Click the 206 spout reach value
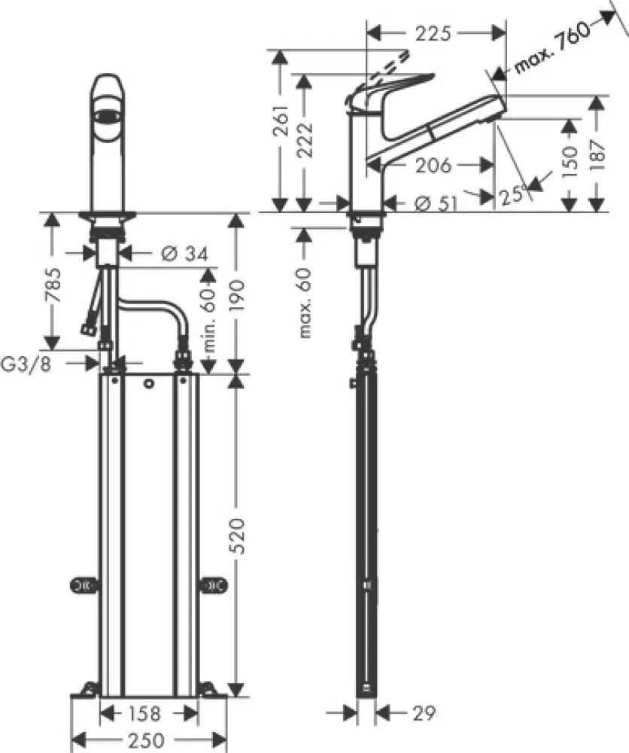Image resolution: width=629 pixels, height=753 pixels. [x=431, y=165]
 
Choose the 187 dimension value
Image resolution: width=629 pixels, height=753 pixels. [x=597, y=156]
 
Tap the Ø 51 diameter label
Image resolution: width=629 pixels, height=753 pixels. [x=432, y=202]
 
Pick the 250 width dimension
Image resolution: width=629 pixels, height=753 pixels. [x=150, y=739]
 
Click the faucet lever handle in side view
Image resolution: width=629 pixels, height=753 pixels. [x=395, y=84]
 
